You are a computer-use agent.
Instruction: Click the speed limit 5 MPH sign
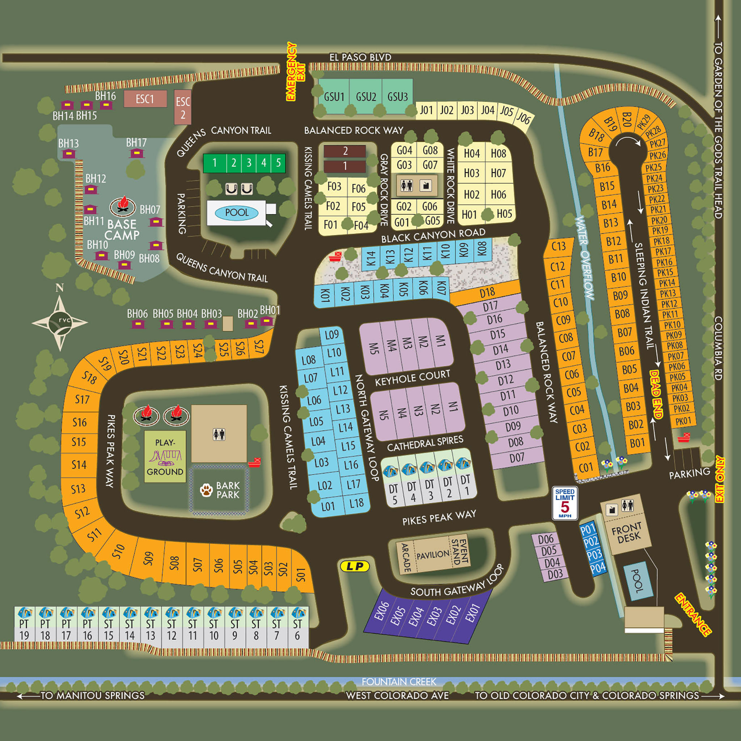(564, 503)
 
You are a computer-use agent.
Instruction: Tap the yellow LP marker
(355, 567)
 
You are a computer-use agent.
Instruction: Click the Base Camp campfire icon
(123, 206)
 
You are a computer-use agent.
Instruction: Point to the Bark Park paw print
(206, 490)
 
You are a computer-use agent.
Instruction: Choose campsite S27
(259, 347)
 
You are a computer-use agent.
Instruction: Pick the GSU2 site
(366, 96)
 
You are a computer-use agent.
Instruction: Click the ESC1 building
(145, 99)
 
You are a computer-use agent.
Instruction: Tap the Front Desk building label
(626, 532)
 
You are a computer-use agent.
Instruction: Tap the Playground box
(165, 456)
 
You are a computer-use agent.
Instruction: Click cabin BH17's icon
(136, 153)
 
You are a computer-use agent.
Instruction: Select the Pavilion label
(433, 555)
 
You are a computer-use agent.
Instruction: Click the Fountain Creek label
(399, 682)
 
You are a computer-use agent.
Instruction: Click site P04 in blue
(598, 568)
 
